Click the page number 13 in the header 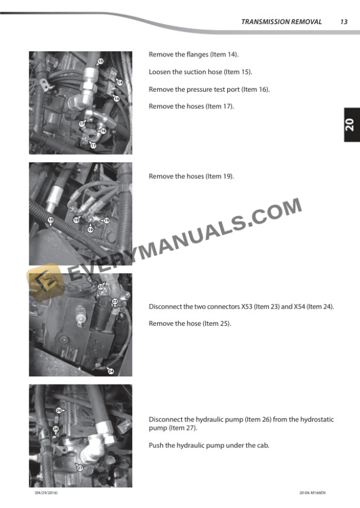point(344,22)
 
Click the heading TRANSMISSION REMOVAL point(281,22)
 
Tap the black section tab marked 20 point(352,125)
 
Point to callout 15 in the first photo point(101,61)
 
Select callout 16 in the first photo point(103,131)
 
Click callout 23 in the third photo point(115,301)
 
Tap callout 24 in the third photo point(111,371)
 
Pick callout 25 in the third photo point(101,286)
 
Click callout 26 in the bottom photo point(59,410)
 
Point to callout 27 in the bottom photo point(80,468)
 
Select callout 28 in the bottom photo point(56,429)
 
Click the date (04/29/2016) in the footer point(46,493)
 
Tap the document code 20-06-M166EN point(312,493)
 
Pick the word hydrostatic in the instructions point(317,419)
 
